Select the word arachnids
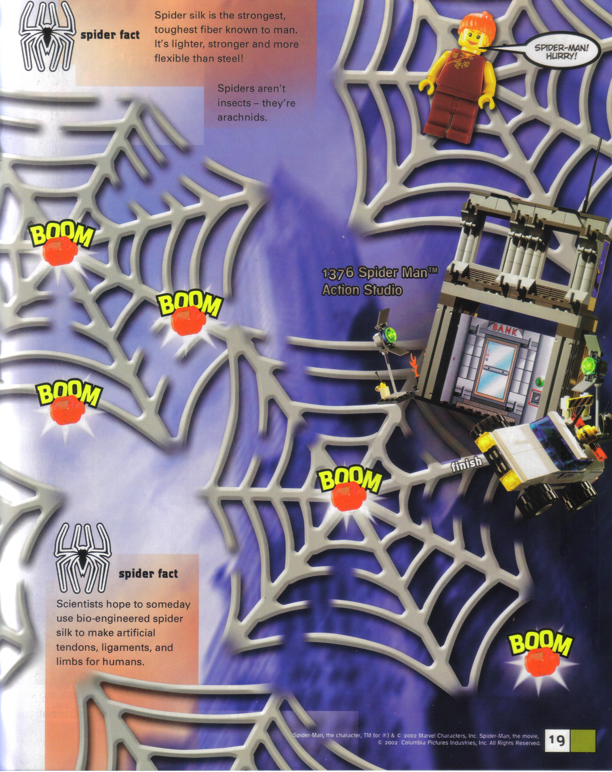pos(242,117)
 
